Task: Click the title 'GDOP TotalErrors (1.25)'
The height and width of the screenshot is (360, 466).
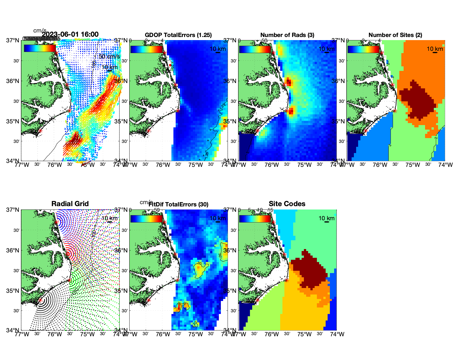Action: [178, 35]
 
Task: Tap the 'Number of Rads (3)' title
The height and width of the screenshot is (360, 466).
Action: [287, 35]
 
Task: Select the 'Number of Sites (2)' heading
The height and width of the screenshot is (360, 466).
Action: [395, 35]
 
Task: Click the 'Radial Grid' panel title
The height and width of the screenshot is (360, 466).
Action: [70, 204]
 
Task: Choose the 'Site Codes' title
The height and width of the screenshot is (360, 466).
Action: [287, 204]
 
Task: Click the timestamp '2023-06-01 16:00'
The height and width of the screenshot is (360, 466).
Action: [70, 34]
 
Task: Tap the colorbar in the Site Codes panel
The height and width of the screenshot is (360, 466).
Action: [255, 219]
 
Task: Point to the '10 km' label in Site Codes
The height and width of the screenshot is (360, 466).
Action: [326, 218]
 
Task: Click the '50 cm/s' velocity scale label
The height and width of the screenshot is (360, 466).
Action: [109, 56]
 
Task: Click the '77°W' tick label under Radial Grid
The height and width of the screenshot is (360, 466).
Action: [22, 334]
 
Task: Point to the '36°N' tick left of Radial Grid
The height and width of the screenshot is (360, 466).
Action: [13, 250]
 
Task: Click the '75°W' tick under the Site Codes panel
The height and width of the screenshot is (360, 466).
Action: [304, 334]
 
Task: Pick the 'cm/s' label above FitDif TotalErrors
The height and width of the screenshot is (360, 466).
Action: [146, 202]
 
